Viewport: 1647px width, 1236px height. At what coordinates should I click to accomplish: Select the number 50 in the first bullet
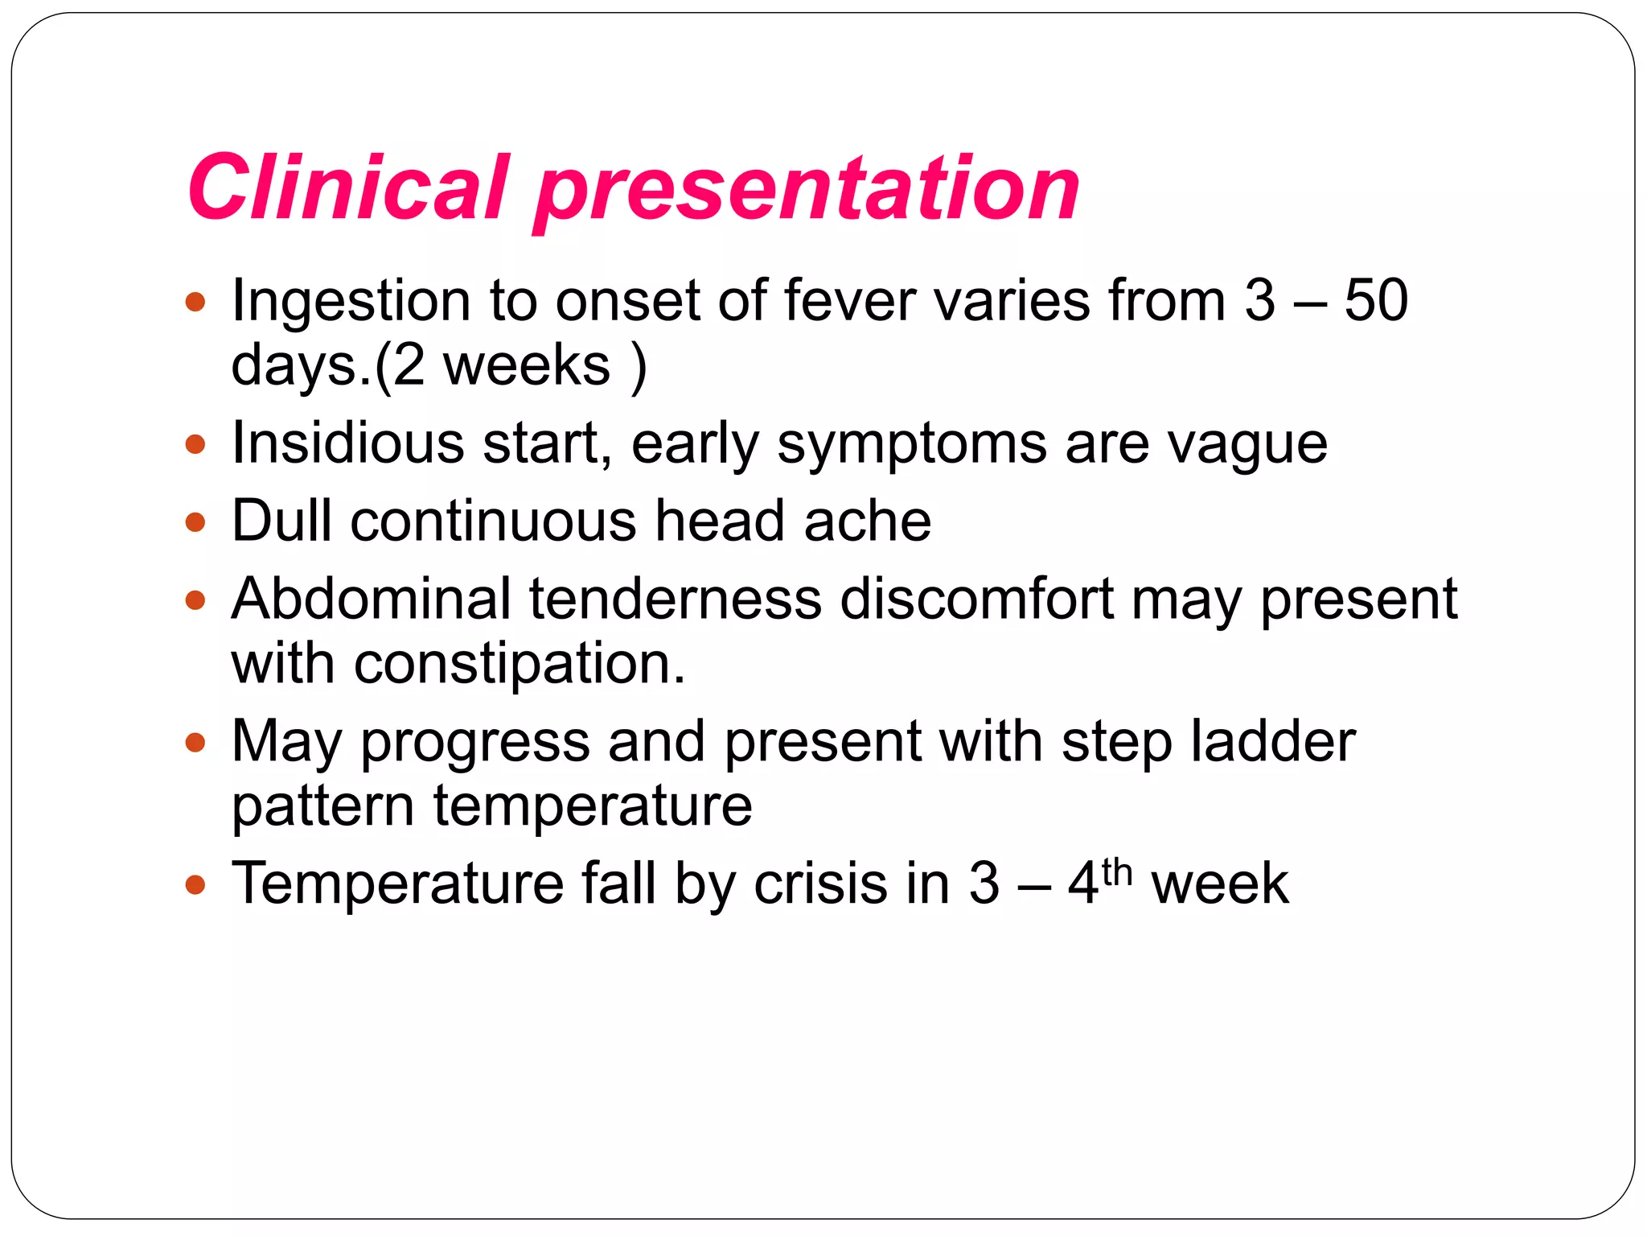pos(1376,300)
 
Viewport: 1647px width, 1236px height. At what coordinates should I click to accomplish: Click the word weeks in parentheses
pos(528,365)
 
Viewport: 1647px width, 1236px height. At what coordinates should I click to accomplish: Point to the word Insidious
pos(347,443)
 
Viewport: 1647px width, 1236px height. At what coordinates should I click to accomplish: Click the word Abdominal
pos(371,599)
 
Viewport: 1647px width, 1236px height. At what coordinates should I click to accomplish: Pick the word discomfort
pos(976,599)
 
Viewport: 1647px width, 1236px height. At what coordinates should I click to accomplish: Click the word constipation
pos(520,665)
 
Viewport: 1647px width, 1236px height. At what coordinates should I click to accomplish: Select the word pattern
pos(323,806)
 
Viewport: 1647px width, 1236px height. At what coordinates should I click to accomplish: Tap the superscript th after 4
pos(1116,871)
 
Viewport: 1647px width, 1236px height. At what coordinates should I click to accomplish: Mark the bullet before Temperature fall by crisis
pos(195,886)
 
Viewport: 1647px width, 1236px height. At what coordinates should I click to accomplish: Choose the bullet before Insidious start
pos(195,444)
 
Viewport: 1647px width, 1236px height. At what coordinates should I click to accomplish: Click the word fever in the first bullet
pos(849,300)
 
